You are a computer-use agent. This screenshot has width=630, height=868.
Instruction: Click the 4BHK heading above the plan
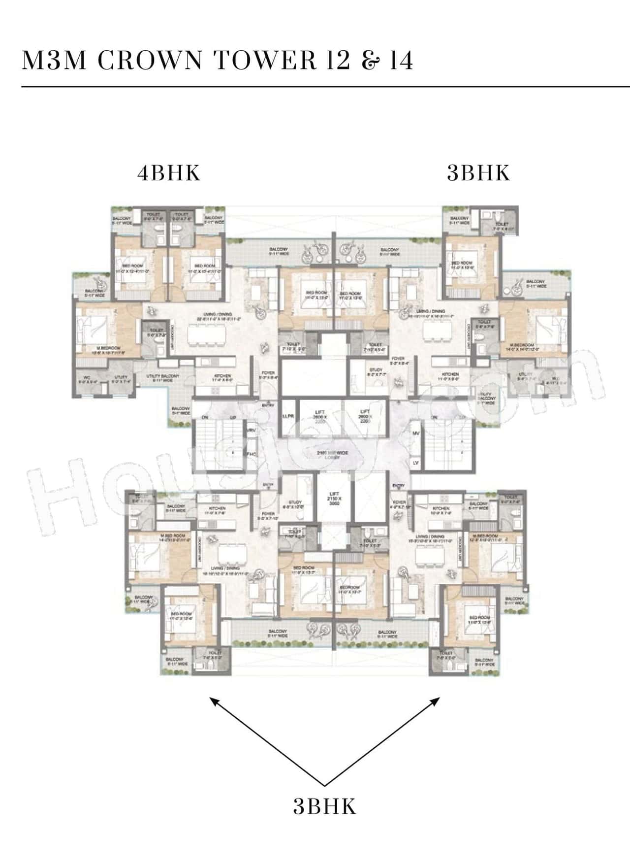coord(169,173)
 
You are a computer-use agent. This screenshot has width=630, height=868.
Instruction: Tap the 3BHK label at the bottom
coord(324,806)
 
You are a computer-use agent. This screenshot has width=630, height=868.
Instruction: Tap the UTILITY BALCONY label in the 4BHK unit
coord(163,378)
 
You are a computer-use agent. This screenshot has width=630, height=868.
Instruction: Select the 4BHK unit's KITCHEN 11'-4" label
coord(221,378)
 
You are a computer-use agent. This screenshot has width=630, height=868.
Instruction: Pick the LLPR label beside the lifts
coord(288,416)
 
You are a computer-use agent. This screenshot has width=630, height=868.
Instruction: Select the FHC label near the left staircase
coord(252,454)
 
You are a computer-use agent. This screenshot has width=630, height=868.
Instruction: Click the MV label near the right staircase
coord(416,434)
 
